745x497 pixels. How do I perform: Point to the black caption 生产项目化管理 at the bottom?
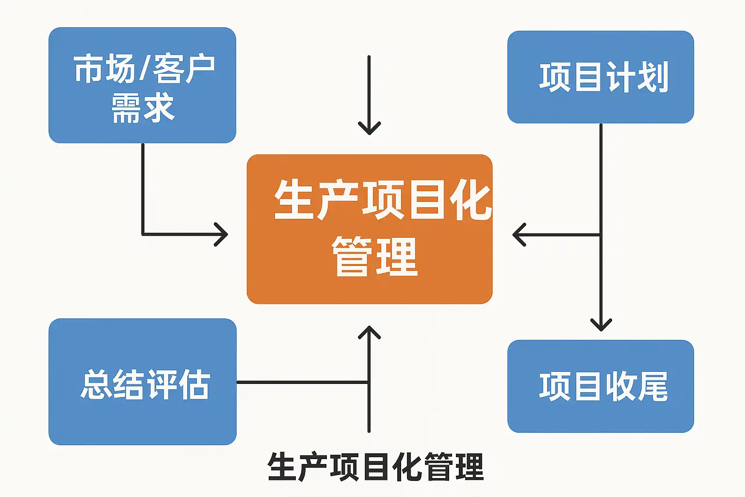[x=375, y=467]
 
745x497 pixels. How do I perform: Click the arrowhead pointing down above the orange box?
[x=369, y=128]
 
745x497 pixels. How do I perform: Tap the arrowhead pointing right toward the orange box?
[x=222, y=234]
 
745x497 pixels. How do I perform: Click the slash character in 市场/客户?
[x=144, y=69]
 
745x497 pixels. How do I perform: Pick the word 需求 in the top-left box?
[x=143, y=108]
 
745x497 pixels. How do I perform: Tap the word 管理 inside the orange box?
[x=374, y=257]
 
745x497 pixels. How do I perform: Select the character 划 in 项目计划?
[x=653, y=77]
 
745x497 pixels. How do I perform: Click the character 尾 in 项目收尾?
[x=652, y=386]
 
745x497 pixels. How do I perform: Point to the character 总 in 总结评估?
[x=96, y=385]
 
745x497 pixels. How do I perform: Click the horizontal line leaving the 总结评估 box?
[x=301, y=382]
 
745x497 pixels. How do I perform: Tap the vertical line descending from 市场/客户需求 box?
[x=143, y=189]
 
